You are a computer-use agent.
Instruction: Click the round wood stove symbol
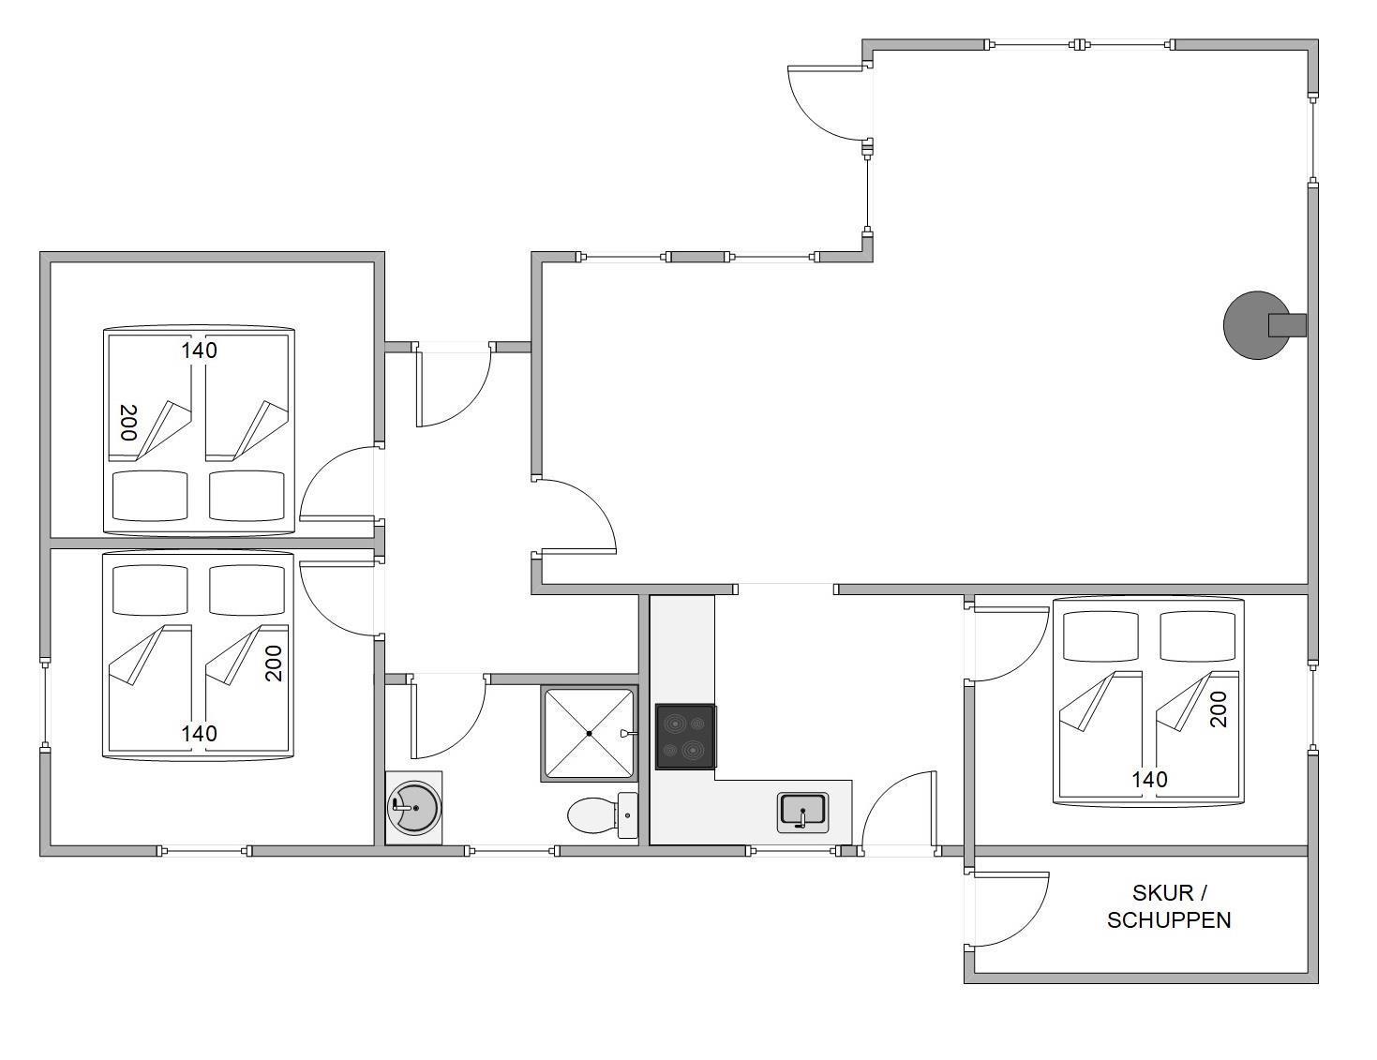pos(1256,325)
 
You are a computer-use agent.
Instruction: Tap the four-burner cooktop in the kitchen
pos(685,737)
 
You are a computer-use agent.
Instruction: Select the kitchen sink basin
pos(803,813)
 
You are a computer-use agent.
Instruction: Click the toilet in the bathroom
pos(602,815)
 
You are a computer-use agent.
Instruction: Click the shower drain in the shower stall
pos(590,734)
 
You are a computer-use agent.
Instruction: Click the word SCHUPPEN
pos(1169,920)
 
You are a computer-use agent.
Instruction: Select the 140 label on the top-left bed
pos(199,351)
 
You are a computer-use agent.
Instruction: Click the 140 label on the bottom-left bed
pos(199,733)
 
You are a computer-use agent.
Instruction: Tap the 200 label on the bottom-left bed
pos(273,663)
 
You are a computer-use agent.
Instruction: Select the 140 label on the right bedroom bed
pos(1149,780)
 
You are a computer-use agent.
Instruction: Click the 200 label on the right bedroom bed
pos(1218,709)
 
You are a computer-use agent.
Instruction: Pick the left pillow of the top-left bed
pos(150,496)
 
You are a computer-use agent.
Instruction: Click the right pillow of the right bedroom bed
pos(1198,636)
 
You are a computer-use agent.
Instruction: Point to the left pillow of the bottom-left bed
pos(150,590)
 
